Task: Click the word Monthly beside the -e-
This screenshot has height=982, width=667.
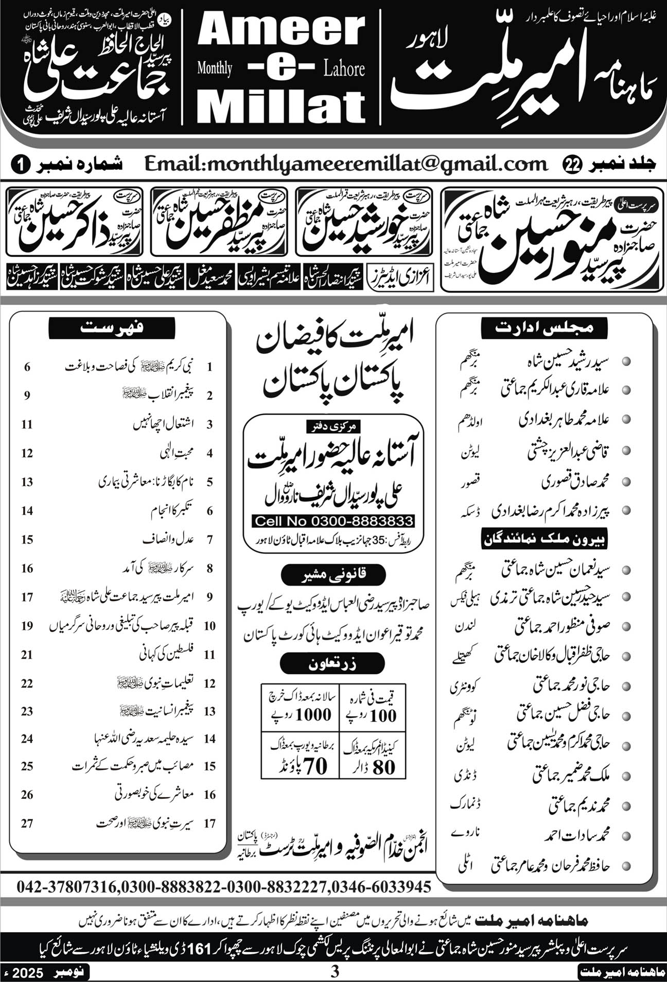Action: point(215,68)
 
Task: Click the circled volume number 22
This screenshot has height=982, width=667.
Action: point(571,165)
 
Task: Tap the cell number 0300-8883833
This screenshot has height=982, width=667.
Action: point(333,521)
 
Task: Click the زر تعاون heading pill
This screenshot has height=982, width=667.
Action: point(332,664)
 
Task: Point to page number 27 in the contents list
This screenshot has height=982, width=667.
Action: point(27,823)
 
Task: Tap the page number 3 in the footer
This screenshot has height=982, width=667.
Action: point(335,972)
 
